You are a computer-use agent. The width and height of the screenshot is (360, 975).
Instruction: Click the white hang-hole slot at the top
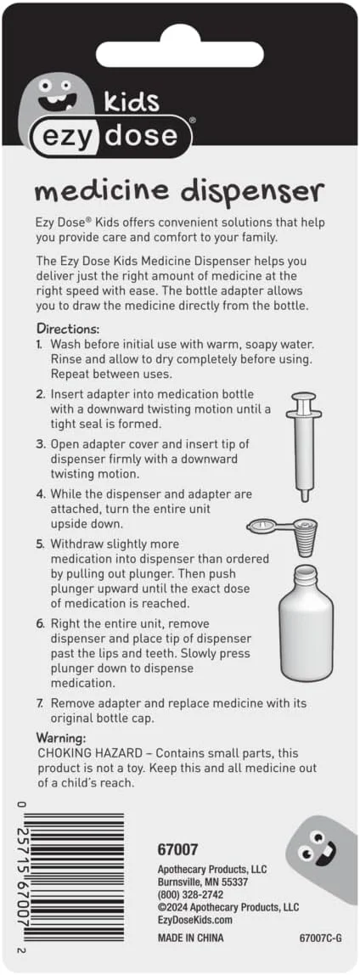(x=181, y=54)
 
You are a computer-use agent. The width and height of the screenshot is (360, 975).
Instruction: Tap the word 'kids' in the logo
(x=132, y=101)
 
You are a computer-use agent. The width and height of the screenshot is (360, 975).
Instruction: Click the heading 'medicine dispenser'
(x=180, y=191)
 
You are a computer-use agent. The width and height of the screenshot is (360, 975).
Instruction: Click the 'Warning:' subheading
(x=61, y=738)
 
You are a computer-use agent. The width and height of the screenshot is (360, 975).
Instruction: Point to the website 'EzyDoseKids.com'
(x=195, y=920)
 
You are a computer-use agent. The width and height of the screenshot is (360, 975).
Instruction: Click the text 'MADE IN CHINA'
(x=190, y=938)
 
